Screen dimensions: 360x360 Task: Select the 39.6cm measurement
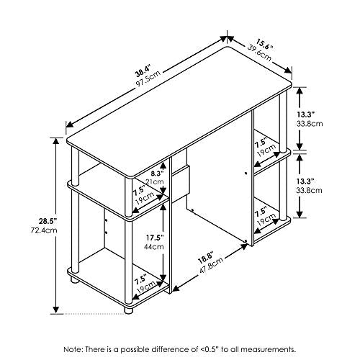(258, 50)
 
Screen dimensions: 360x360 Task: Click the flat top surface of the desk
(180, 108)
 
